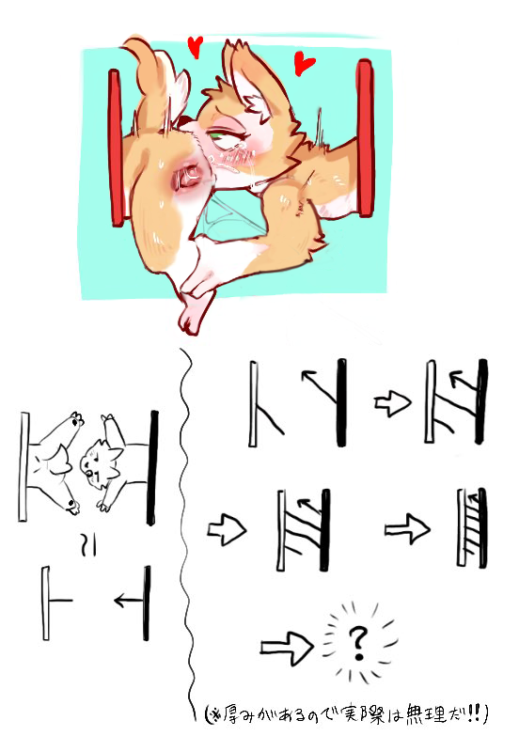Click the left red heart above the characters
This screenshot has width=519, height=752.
[x=195, y=46]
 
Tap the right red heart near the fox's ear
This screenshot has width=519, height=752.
[x=304, y=64]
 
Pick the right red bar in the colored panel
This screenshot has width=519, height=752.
[x=365, y=138]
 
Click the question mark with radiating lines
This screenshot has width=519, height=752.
[x=356, y=644]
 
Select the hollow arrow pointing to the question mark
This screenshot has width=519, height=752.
[x=287, y=648]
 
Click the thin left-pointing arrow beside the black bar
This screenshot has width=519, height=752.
[x=129, y=600]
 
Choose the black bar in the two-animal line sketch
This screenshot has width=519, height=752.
[x=152, y=467]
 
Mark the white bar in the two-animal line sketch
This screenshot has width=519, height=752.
[x=23, y=466]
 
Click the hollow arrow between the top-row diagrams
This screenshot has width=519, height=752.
[x=392, y=403]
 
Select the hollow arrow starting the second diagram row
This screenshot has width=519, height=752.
[x=227, y=530]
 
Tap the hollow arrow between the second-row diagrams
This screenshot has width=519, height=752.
[x=407, y=529]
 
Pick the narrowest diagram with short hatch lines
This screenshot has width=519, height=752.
[x=472, y=527]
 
